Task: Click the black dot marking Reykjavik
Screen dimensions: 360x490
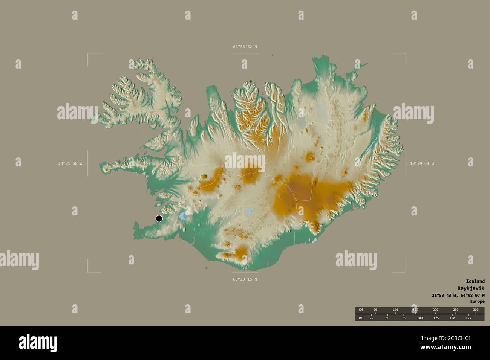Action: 159,218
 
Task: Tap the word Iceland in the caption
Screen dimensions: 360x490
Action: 475,281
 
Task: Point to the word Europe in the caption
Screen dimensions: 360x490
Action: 477,301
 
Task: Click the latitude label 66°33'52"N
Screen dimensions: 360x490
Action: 245,47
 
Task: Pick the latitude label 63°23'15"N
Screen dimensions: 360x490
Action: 245,279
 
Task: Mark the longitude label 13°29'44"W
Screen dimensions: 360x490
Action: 422,163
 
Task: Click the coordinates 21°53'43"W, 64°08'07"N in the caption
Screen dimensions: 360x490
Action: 458,295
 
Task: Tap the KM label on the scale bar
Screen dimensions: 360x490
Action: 361,310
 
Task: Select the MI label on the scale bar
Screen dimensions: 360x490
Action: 361,318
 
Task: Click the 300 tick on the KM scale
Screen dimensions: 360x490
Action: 476,310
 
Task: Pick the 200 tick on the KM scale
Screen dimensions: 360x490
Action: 435,310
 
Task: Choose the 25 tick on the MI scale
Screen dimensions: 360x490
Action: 371,318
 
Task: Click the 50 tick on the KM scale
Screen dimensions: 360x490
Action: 375,310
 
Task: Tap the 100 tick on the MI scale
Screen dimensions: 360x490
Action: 420,318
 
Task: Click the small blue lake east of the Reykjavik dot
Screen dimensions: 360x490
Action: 182,216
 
